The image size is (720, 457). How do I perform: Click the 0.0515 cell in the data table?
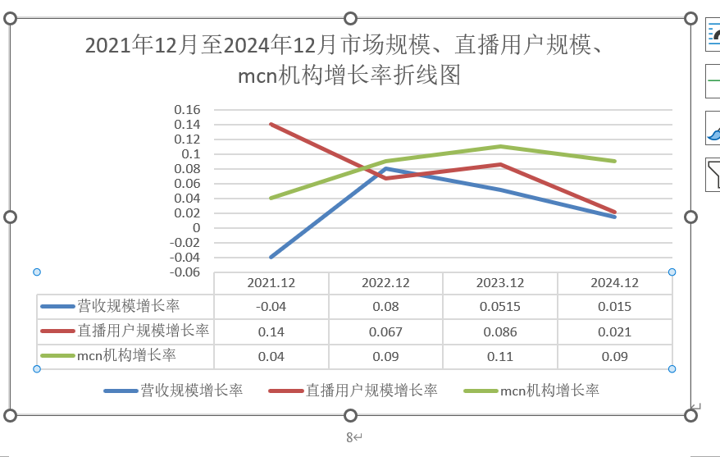tap(500, 306)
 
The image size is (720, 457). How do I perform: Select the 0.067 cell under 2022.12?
tap(385, 331)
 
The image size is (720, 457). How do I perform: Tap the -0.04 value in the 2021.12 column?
tap(271, 306)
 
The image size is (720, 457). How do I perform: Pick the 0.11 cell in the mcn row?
tap(500, 356)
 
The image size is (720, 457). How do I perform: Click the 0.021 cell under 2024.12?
tap(614, 331)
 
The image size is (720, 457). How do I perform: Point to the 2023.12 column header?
tap(500, 282)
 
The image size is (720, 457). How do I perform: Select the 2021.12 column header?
tap(271, 282)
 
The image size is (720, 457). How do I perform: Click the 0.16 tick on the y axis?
tap(187, 110)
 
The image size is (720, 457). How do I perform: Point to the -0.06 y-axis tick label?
tap(185, 272)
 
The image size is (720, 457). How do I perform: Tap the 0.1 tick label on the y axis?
tap(191, 154)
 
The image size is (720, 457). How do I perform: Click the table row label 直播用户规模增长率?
tap(143, 331)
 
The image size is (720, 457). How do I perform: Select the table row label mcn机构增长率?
tap(126, 355)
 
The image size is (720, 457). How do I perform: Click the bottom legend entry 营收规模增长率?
tap(191, 391)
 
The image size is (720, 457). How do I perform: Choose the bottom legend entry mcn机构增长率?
tap(549, 391)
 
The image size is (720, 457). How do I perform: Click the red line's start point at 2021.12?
tap(271, 125)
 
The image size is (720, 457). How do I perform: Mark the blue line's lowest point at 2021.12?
tap(271, 257)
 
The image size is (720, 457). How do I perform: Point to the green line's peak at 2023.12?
tap(500, 147)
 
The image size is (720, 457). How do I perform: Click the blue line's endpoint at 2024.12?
tap(614, 217)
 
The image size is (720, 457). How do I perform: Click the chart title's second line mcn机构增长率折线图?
tap(349, 75)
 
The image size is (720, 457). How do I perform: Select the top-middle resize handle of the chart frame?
tap(350, 18)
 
